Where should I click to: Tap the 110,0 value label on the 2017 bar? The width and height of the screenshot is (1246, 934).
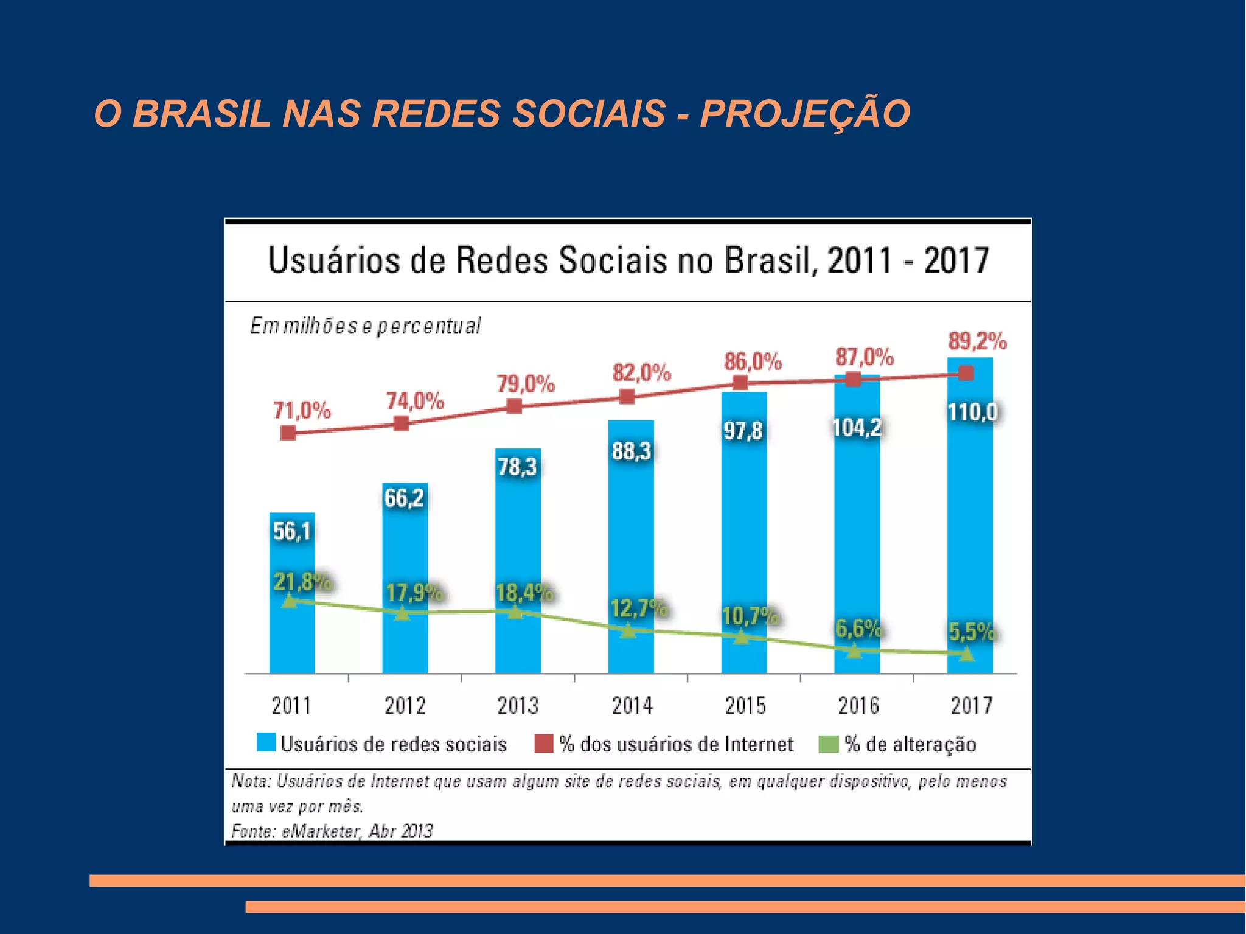pos(972,413)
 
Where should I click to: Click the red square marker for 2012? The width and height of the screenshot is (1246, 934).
pos(401,423)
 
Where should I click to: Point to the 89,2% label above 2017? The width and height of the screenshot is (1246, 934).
pos(977,341)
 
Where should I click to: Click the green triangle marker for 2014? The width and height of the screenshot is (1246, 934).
pos(628,630)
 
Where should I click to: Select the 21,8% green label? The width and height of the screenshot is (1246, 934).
pos(302,582)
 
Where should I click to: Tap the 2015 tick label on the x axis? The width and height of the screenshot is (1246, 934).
pos(745,706)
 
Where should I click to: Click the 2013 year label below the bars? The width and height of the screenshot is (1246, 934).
pos(518,706)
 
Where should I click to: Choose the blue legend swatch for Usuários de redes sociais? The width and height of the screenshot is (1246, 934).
pos(266,743)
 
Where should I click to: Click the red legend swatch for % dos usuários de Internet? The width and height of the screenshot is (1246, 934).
pos(543,744)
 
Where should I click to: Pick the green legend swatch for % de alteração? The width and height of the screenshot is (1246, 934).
pos(829,744)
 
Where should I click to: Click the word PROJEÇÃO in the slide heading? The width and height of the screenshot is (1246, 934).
pos(804,114)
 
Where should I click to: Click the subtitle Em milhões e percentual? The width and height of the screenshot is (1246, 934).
pos(365,327)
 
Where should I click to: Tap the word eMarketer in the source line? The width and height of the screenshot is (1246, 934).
pos(321,831)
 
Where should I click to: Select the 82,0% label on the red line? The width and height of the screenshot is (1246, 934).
pos(641,372)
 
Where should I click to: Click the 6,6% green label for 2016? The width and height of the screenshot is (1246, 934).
pos(858,629)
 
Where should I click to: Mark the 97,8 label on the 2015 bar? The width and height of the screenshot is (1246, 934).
pos(743,431)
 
